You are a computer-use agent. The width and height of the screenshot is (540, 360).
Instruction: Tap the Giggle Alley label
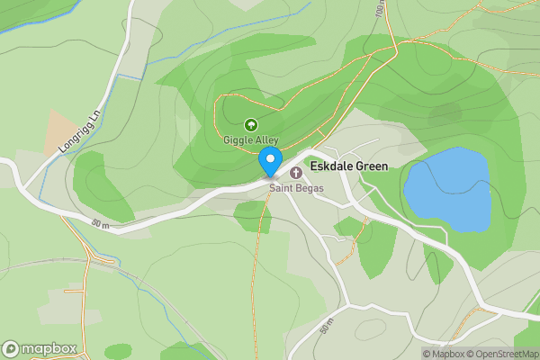point(251,140)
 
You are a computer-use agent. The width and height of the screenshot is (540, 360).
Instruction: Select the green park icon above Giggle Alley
point(251,126)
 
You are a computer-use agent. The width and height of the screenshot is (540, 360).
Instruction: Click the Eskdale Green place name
point(348,166)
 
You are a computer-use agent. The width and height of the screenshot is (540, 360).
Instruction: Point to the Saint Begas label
point(295,188)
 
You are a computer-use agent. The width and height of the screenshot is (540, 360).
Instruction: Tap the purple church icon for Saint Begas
point(295,172)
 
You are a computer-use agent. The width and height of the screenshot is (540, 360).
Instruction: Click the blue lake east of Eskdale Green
point(448,189)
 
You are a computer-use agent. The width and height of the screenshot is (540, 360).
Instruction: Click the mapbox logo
point(40,348)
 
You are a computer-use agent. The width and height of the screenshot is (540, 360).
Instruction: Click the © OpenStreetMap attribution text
point(507,354)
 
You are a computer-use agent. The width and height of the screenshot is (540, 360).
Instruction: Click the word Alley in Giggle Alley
point(265,140)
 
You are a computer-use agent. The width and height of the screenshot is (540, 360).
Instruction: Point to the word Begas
point(307,188)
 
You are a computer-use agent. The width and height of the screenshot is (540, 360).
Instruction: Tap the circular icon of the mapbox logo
point(11,348)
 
